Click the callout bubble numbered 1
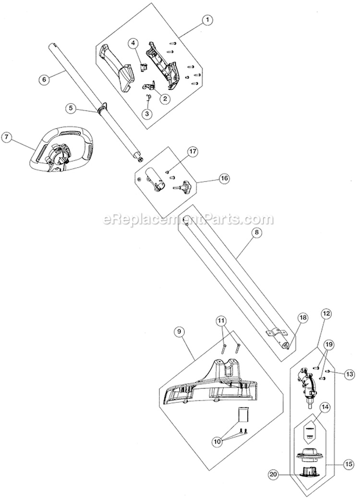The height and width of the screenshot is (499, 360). pyautogui.click(x=207, y=20)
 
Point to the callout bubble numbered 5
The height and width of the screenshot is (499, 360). pyautogui.click(x=71, y=109)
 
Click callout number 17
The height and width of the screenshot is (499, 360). pyautogui.click(x=192, y=152)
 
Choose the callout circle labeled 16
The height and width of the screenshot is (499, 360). pyautogui.click(x=224, y=178)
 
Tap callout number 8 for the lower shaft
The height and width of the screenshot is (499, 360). pyautogui.click(x=256, y=232)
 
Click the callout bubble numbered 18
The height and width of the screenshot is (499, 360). pyautogui.click(x=303, y=317)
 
